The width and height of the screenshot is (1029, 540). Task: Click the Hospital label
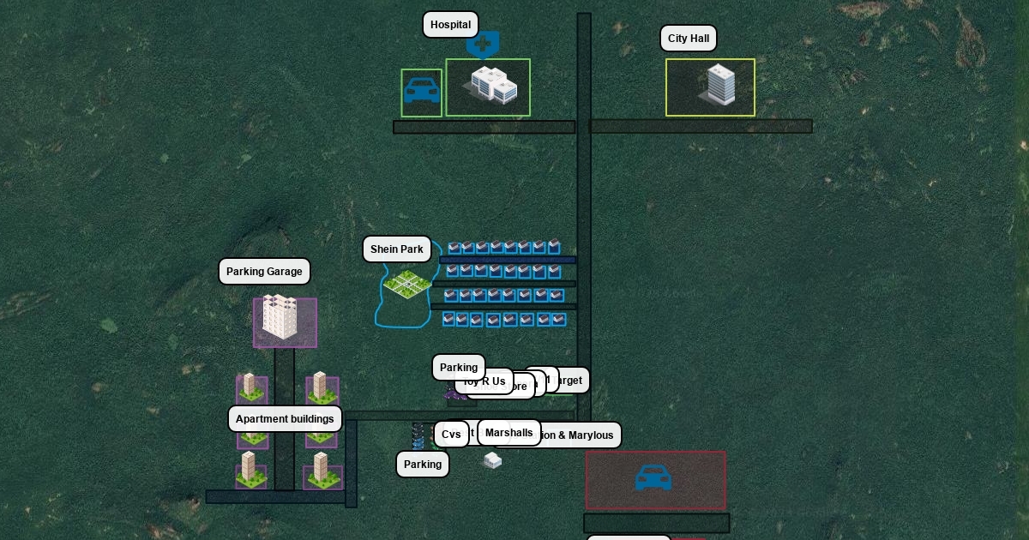coord(450,25)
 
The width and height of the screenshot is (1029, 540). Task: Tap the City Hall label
coord(688,39)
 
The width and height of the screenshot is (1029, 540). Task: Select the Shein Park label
coord(396,249)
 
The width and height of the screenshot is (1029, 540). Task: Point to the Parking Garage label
coord(264,272)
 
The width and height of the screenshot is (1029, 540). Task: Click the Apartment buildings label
coord(285,419)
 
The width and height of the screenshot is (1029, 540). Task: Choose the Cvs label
coord(451,435)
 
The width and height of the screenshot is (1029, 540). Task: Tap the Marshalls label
coord(508,433)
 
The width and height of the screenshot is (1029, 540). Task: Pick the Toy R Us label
coord(485,381)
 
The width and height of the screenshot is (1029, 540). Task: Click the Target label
coord(569,380)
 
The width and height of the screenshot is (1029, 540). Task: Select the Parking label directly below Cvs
coord(422,465)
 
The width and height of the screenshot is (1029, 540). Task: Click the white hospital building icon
coord(490,86)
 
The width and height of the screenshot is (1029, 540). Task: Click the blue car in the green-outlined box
coord(422,91)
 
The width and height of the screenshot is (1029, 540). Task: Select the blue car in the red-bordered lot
coord(653,478)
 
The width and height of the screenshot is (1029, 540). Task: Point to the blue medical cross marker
coord(483,42)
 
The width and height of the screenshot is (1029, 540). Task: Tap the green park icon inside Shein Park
coord(407,283)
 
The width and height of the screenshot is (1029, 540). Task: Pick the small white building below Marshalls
coord(492,460)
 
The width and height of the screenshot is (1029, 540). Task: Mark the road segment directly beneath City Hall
coord(701,127)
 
